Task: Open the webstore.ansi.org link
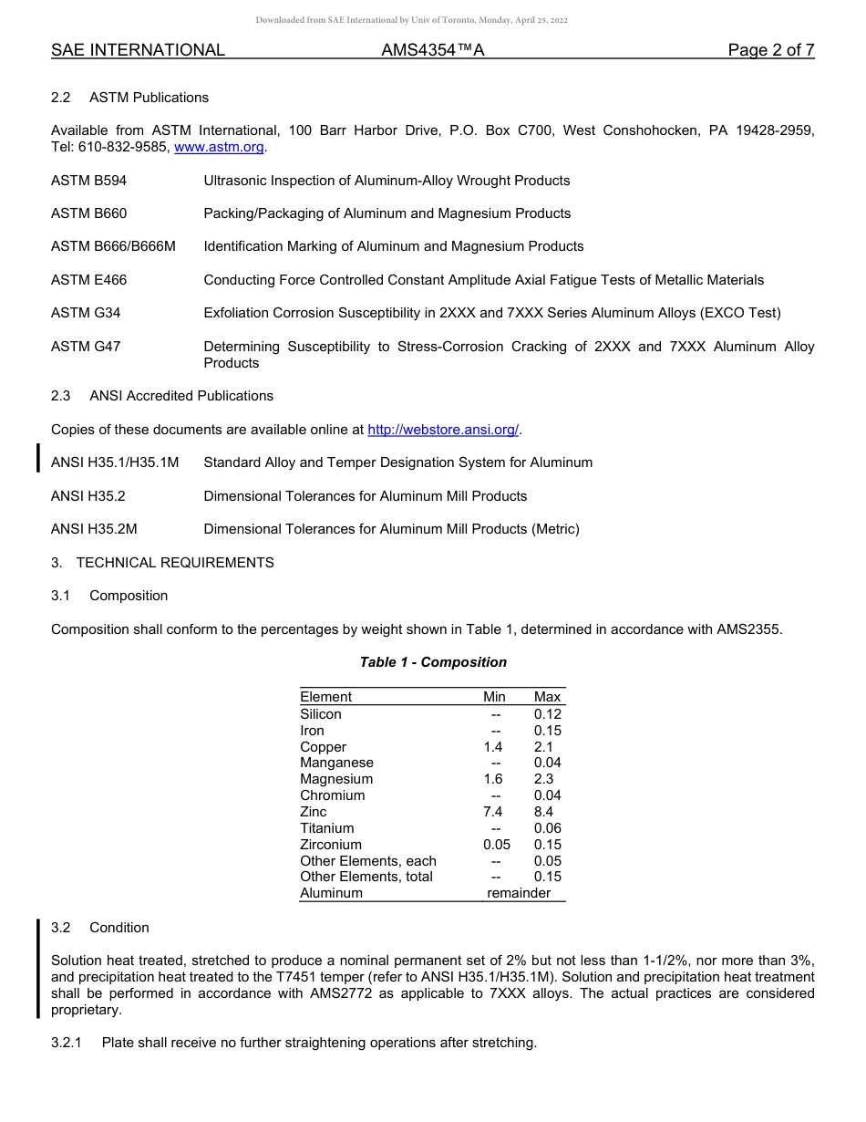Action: point(443,430)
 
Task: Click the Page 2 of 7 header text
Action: point(770,50)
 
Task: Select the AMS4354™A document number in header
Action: point(432,50)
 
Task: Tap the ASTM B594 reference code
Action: point(88,181)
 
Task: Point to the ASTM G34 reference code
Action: point(86,313)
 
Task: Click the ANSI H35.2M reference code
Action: point(94,529)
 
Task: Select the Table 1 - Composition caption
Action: point(433,662)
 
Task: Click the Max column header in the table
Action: point(547,697)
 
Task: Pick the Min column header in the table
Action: point(494,697)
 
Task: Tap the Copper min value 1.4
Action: point(492,747)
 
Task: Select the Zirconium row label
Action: point(331,845)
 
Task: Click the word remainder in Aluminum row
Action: point(519,893)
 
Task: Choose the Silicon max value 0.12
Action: point(547,714)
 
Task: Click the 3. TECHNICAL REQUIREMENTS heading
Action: point(162,563)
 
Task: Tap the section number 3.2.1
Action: point(67,1043)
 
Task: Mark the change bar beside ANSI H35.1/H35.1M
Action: point(38,458)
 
